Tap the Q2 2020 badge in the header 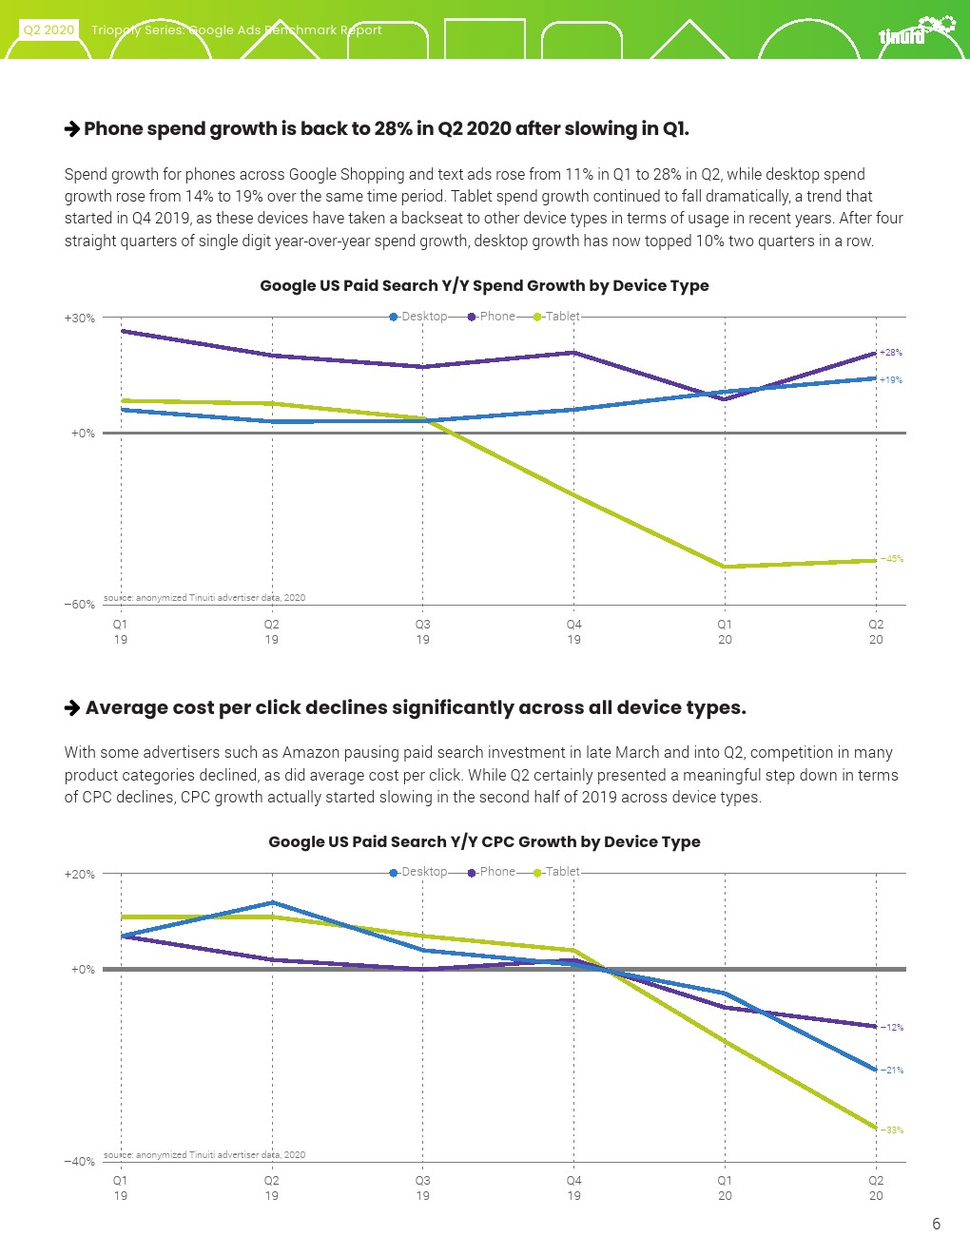click(48, 29)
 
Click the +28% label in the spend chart click(891, 353)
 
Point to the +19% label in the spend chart click(891, 380)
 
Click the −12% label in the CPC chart click(892, 1028)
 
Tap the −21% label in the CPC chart click(892, 1071)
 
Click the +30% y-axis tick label click(80, 319)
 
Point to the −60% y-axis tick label click(80, 605)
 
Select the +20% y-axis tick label click(80, 875)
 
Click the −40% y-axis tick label click(80, 1162)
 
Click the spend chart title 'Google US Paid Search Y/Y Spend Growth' click(484, 285)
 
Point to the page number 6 click(936, 1224)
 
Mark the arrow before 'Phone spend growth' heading click(72, 129)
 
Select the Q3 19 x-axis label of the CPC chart click(422, 1187)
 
